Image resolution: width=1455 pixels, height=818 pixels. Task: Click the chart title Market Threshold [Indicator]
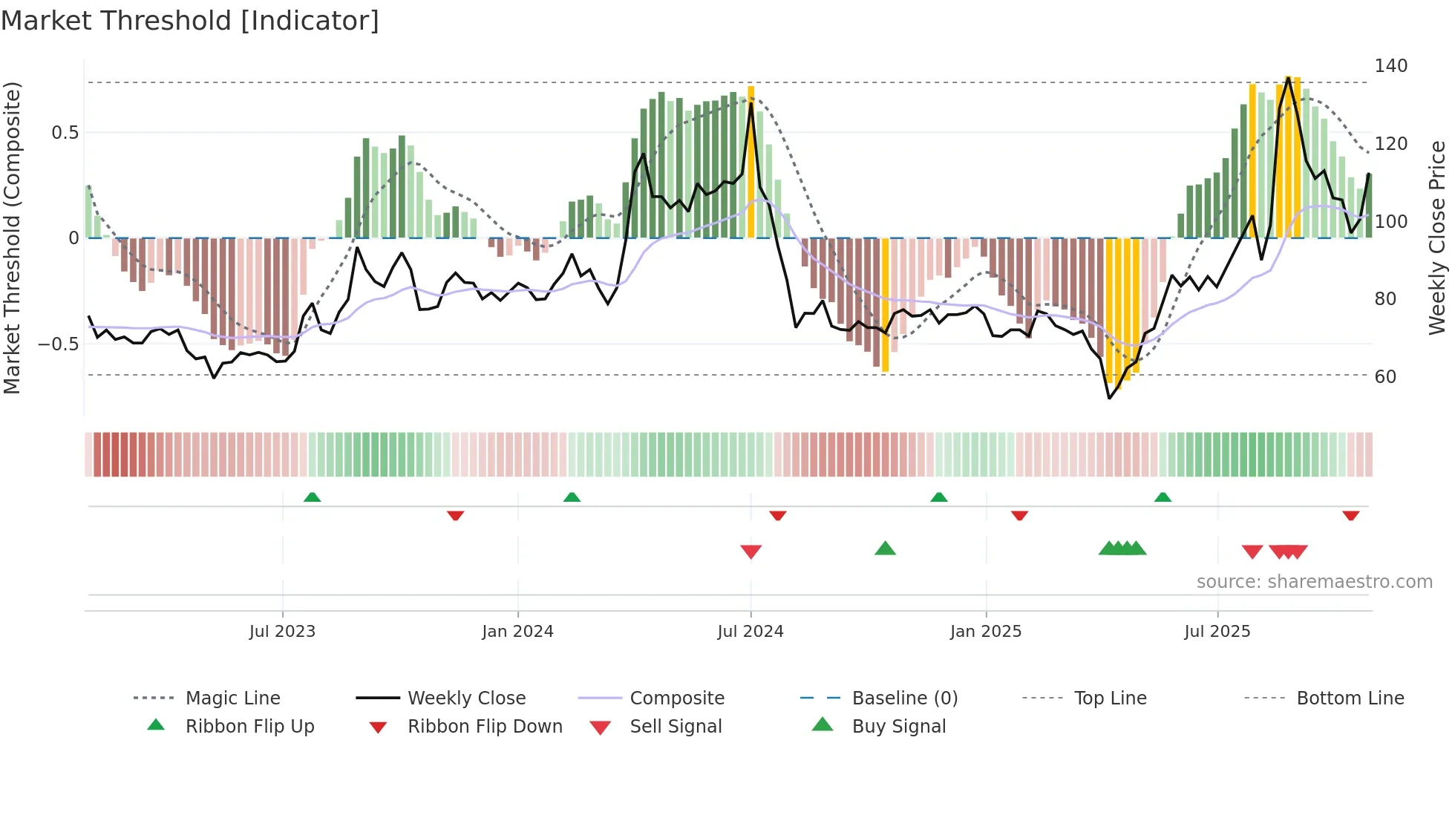(x=190, y=21)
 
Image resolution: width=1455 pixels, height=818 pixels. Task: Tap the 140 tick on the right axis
(x=1390, y=66)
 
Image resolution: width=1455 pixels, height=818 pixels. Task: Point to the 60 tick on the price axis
(x=1385, y=377)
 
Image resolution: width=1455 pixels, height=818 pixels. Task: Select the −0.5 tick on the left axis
(x=58, y=344)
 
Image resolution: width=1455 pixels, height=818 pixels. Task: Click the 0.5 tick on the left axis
(x=65, y=133)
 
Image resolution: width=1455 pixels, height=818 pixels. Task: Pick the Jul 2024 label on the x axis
(x=750, y=632)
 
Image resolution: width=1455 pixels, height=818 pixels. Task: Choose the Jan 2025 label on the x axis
(x=985, y=632)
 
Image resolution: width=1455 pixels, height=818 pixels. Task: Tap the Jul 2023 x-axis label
(x=282, y=632)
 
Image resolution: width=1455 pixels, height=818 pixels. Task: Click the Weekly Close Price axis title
(x=1437, y=238)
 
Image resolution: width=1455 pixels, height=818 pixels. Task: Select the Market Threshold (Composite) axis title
(x=12, y=238)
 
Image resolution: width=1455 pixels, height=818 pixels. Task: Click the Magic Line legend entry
(x=232, y=698)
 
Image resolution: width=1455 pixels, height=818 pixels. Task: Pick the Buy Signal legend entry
(x=898, y=727)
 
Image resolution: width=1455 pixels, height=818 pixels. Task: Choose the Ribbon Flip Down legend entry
(x=485, y=727)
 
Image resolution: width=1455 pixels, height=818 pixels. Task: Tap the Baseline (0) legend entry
(x=904, y=698)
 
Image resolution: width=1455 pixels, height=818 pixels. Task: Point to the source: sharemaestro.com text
(x=1314, y=582)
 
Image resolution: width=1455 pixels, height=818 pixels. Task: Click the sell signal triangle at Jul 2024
(x=751, y=552)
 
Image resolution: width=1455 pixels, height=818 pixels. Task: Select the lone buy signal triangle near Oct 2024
(x=885, y=549)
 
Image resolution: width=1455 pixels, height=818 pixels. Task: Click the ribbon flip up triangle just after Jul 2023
(x=312, y=497)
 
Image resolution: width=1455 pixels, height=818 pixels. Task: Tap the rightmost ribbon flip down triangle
(x=1350, y=515)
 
